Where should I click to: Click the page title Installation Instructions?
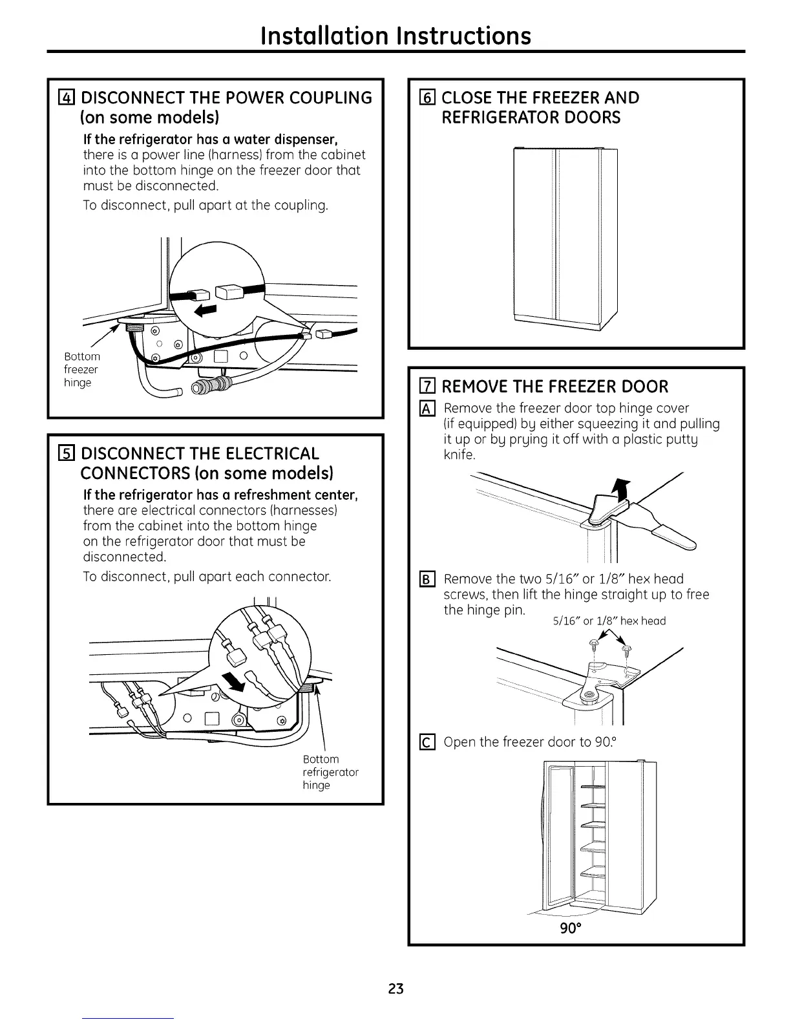(x=395, y=35)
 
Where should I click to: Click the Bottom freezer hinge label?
(x=82, y=369)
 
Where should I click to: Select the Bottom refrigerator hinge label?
(x=330, y=772)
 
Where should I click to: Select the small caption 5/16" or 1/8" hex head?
(x=609, y=621)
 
